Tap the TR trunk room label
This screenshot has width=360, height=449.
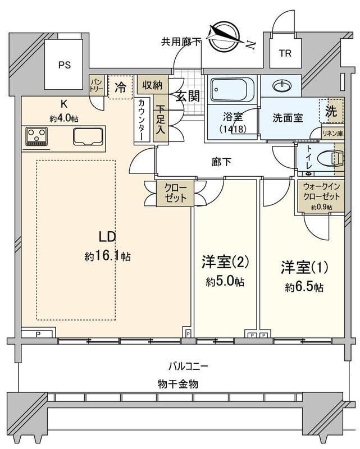click(285, 54)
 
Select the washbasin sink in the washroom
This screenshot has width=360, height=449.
click(281, 86)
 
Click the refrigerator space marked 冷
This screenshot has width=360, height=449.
click(120, 87)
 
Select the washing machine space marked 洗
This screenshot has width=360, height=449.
click(331, 111)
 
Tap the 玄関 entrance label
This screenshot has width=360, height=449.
click(187, 96)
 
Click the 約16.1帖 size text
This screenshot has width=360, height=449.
click(108, 256)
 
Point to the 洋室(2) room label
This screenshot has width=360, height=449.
click(225, 262)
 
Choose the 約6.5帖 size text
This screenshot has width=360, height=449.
click(304, 287)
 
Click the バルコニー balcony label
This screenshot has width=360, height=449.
click(189, 366)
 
